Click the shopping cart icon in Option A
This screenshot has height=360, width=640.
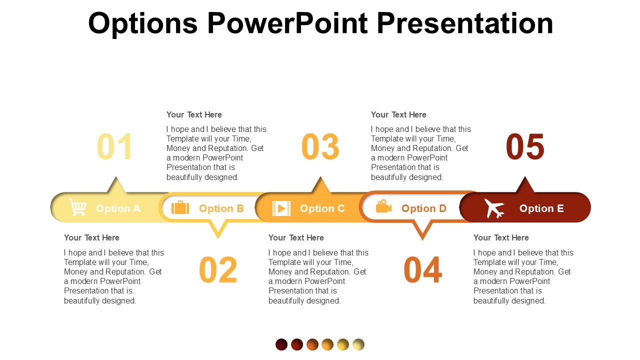(x=77, y=207)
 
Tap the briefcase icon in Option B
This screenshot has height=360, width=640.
(x=180, y=207)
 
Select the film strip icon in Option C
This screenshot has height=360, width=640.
(x=281, y=208)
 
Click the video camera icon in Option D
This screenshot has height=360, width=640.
(x=383, y=206)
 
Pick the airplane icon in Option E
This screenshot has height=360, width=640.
(x=494, y=208)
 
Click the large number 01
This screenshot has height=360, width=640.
(x=115, y=147)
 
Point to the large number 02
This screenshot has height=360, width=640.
(x=218, y=270)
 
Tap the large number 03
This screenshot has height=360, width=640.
(x=320, y=147)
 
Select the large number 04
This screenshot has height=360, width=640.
(x=422, y=270)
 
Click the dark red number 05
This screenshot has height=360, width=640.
(x=525, y=147)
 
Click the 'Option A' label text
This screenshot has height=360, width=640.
(x=118, y=208)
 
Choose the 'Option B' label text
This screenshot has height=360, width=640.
(x=221, y=208)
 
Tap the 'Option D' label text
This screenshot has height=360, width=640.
(x=423, y=208)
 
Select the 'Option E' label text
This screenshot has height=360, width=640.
(x=541, y=208)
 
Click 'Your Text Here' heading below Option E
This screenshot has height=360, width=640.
(x=501, y=237)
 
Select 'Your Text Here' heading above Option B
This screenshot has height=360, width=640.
(x=194, y=114)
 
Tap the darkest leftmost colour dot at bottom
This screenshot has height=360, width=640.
(x=281, y=344)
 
